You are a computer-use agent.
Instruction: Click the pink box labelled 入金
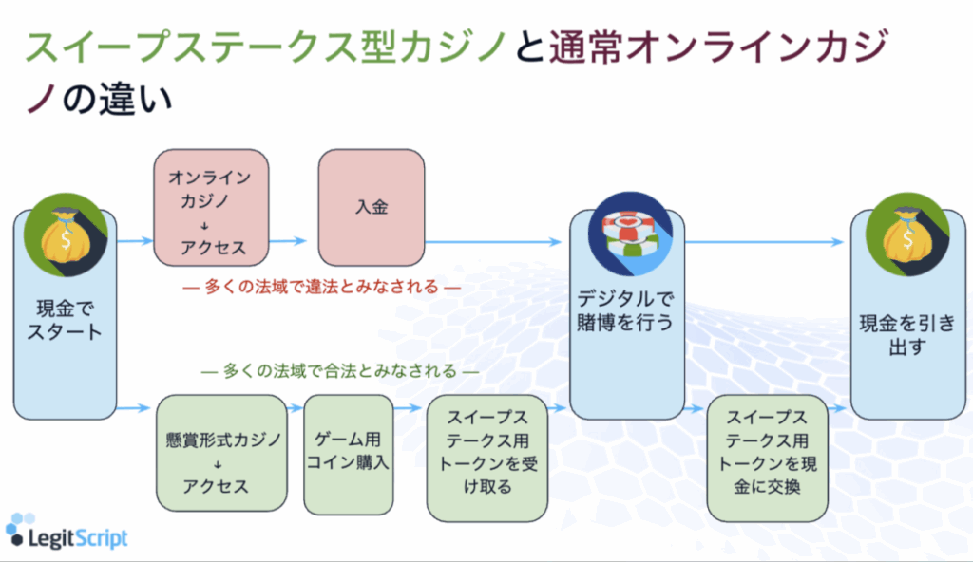pyautogui.click(x=371, y=207)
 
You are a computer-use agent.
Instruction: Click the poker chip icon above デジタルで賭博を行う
pyautogui.click(x=630, y=233)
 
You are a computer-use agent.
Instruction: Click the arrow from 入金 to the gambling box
pyautogui.click(x=494, y=241)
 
